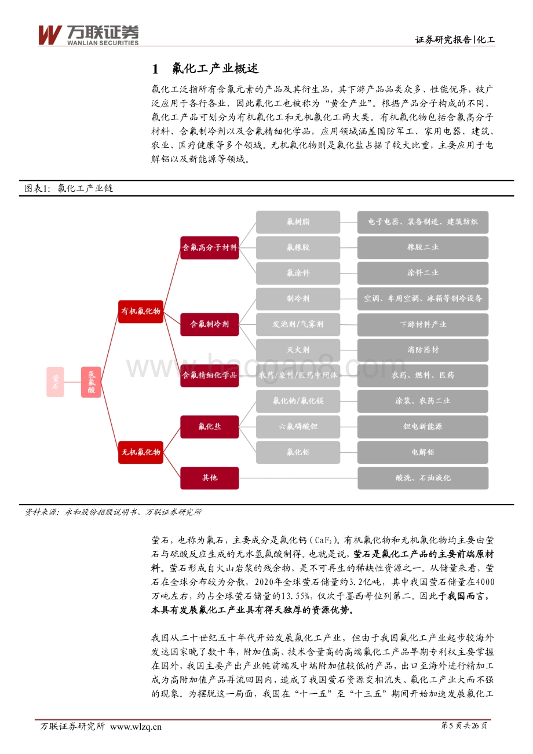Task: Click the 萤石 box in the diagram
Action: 55,382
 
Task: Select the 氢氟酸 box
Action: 91,382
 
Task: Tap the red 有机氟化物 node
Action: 140,311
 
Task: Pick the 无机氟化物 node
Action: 140,452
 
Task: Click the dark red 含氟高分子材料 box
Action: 209,247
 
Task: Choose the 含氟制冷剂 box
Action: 209,324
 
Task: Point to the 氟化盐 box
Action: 209,426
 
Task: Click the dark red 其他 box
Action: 209,478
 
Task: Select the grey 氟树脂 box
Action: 298,222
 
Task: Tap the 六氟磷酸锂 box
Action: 298,426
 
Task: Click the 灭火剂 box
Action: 298,350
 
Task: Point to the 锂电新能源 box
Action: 422,426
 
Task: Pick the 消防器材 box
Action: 422,350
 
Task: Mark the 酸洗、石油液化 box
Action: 422,478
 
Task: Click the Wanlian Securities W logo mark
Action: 49,35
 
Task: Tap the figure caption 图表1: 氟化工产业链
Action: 68,189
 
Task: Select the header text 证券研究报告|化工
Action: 455,40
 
